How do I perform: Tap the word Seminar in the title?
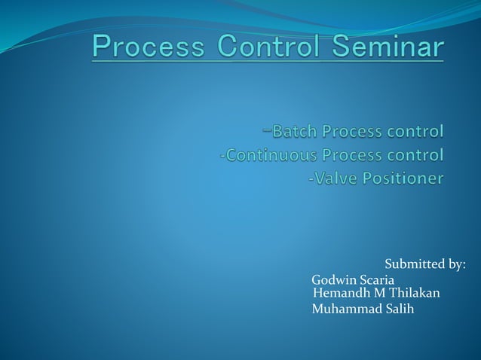[x=391, y=47]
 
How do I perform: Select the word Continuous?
[x=268, y=156]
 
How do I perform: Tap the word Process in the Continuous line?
[x=354, y=156]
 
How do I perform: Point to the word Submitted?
[x=414, y=264]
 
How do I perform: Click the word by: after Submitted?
[x=456, y=264]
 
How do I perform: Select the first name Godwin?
[x=335, y=281]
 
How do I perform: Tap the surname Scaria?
[x=381, y=281]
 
